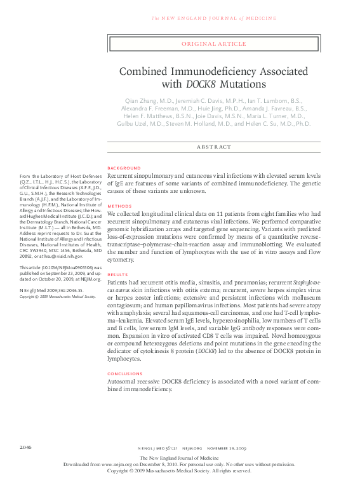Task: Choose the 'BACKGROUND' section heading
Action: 124,168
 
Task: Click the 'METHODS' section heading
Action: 119,206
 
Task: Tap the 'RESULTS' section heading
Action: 118,275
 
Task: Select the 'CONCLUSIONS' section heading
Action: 125,374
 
